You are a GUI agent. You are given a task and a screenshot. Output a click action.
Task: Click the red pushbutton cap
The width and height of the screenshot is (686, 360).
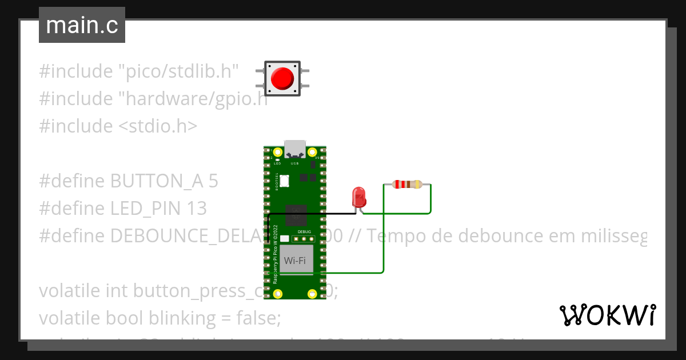tap(282, 78)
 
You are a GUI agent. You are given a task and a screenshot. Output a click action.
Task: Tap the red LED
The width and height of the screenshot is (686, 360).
tap(359, 197)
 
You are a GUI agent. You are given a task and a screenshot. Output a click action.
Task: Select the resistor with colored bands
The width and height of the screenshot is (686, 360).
tap(407, 185)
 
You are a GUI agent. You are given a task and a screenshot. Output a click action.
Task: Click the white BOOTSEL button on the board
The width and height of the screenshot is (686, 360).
tap(284, 181)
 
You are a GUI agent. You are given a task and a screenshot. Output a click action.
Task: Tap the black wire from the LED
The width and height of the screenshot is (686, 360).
tap(309, 214)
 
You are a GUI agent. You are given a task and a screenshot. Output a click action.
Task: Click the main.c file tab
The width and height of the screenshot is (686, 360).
tap(82, 26)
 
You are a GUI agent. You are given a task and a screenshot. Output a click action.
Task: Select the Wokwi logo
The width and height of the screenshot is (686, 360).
tap(607, 315)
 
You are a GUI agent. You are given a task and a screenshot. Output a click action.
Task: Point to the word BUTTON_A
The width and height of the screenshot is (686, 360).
tap(157, 181)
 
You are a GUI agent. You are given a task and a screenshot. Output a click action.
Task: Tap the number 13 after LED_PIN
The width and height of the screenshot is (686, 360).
tap(197, 209)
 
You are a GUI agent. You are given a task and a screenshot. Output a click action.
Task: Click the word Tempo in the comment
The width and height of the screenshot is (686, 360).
tap(392, 236)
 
